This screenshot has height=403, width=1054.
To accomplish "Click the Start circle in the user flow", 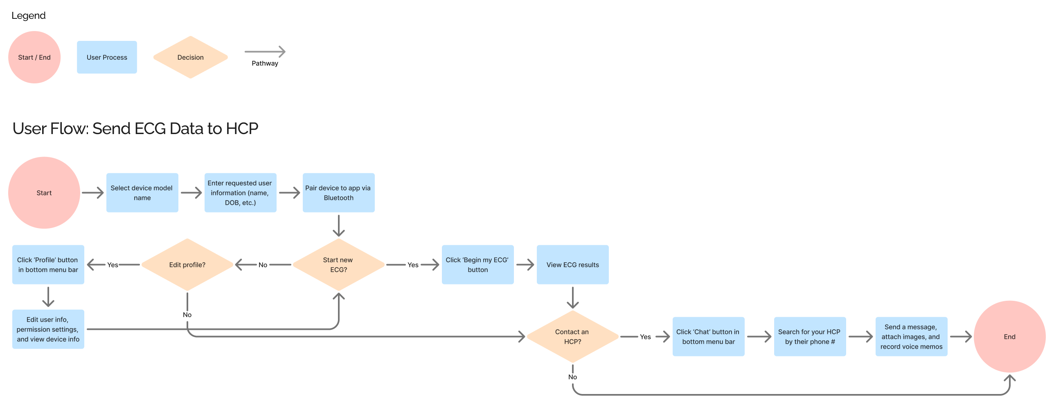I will (x=44, y=193).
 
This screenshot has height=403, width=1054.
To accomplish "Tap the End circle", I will (x=1009, y=336).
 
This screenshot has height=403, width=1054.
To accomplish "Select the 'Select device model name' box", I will (x=142, y=193).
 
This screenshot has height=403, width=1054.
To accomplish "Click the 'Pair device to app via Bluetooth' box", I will (x=338, y=193).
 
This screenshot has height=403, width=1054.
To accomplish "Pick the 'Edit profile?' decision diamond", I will (x=187, y=264).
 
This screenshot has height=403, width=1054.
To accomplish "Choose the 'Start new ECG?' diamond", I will (x=338, y=264).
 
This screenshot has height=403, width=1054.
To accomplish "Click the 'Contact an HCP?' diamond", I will (x=572, y=336).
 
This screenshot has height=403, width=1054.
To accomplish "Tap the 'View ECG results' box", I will (x=572, y=264).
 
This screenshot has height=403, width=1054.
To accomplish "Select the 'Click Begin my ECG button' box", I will (x=477, y=264).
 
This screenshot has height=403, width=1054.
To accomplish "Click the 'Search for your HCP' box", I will (x=809, y=336).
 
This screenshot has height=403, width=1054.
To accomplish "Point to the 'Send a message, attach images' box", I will (x=911, y=336).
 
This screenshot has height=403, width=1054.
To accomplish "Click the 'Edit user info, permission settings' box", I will (x=48, y=329).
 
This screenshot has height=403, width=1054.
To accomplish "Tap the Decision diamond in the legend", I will (x=190, y=57).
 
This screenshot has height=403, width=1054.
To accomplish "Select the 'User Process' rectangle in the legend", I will (x=107, y=57).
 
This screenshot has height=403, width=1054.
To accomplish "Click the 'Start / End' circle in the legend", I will (x=34, y=57).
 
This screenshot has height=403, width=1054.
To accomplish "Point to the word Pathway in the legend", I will (x=265, y=63).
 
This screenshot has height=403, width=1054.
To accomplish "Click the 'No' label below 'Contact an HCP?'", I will (x=572, y=377).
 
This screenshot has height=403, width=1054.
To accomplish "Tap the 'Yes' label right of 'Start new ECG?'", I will (x=413, y=265).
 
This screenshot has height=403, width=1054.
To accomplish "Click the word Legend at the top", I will (x=28, y=16).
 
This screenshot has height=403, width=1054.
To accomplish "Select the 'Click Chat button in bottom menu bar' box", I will (x=708, y=336).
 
